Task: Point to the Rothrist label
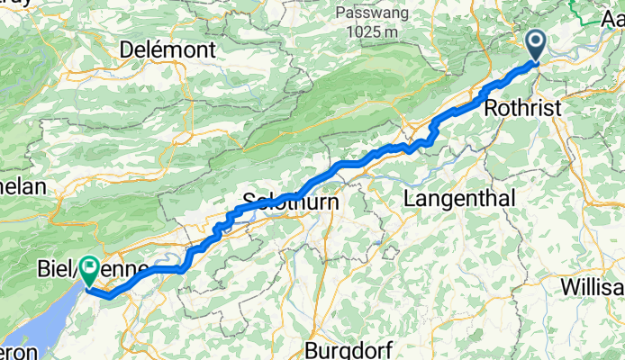pyautogui.click(x=521, y=108)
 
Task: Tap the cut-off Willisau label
pyautogui.click(x=591, y=286)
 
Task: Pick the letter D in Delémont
pyautogui.click(x=125, y=48)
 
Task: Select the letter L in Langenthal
pyautogui.click(x=411, y=198)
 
